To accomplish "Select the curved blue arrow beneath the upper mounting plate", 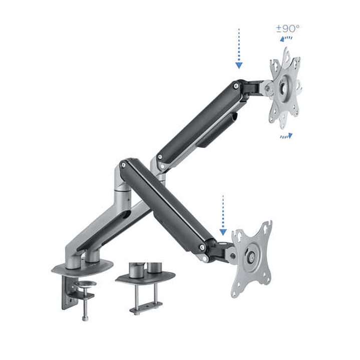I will click(286, 135).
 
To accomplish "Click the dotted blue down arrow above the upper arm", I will click(239, 49).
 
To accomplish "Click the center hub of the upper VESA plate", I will click(285, 87).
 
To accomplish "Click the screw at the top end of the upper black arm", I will click(234, 86).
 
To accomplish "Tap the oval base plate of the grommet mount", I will click(145, 277).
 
